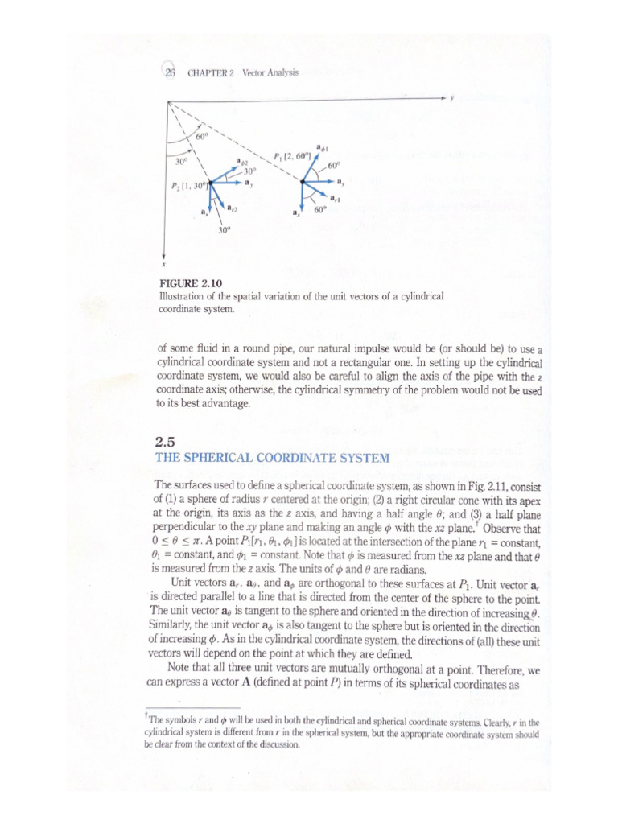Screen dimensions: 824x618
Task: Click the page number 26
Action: click(x=171, y=72)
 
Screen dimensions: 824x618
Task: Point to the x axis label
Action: click(x=163, y=263)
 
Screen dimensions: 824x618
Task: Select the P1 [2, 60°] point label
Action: click(x=291, y=154)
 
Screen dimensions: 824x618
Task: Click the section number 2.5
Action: click(x=164, y=441)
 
